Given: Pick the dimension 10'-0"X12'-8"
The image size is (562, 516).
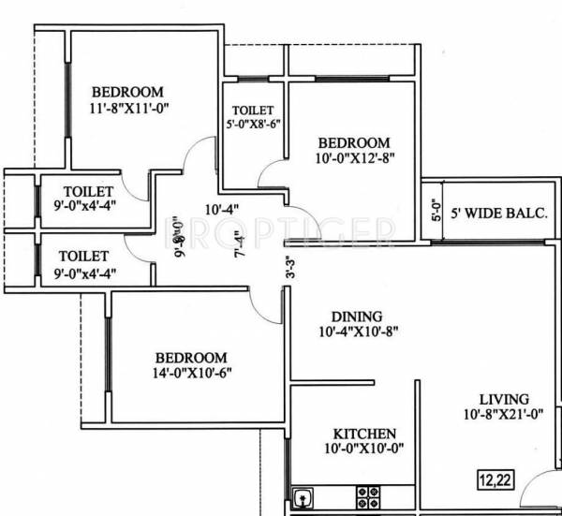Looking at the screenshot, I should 352,158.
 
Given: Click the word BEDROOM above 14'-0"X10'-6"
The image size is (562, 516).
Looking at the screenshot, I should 191,357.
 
